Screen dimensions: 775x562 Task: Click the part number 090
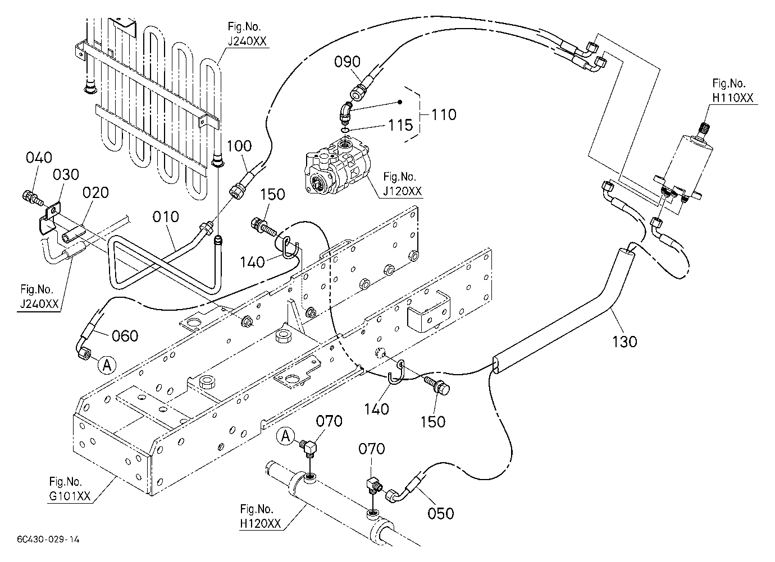347,62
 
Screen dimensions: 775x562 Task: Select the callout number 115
400,125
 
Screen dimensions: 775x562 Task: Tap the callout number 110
444,114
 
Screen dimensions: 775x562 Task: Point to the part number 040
39,158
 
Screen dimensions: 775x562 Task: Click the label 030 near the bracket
66,174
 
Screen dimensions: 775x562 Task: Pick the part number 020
95,192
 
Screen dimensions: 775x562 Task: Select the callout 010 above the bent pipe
166,217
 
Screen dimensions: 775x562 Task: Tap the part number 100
239,146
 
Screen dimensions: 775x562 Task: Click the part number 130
624,342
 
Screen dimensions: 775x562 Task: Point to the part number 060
125,335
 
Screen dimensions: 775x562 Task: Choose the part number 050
441,513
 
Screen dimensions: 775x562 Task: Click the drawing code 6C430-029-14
48,540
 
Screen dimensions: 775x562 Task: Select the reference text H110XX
733,98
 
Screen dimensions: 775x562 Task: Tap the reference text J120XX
402,191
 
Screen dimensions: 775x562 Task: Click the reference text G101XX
70,496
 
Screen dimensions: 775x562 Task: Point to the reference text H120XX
260,524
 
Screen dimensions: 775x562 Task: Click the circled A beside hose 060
107,365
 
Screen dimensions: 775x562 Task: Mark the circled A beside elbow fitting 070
285,436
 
